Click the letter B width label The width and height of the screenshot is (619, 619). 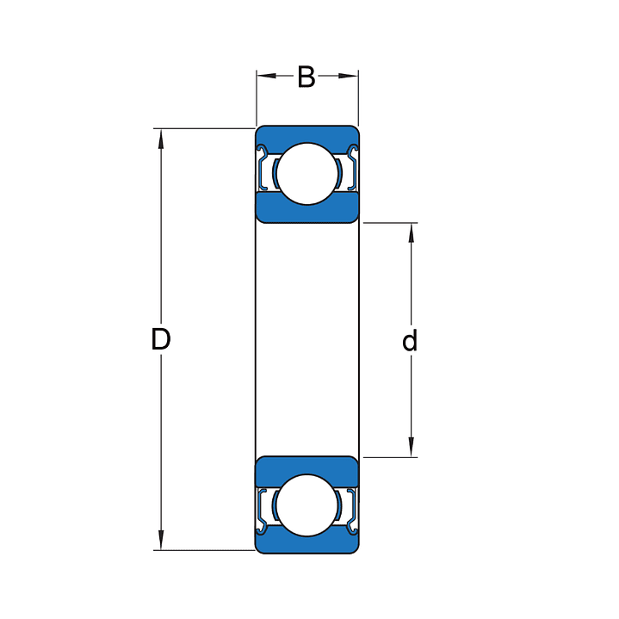[306, 77]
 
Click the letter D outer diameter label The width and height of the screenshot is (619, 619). [160, 340]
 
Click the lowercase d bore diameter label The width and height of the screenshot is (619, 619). [410, 342]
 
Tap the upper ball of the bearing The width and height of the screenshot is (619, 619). [306, 173]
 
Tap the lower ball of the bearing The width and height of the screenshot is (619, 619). [306, 505]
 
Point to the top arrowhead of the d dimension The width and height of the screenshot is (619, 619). [412, 232]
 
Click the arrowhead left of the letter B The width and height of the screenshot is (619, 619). [263, 76]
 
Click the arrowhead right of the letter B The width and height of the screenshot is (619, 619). [350, 76]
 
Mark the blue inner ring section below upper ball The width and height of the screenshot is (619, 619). [306, 213]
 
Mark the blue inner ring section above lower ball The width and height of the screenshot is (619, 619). [306, 466]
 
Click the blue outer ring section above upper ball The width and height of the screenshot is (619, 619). [306, 133]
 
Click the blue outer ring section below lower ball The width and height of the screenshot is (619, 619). [306, 545]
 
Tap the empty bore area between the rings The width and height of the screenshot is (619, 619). [306, 340]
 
